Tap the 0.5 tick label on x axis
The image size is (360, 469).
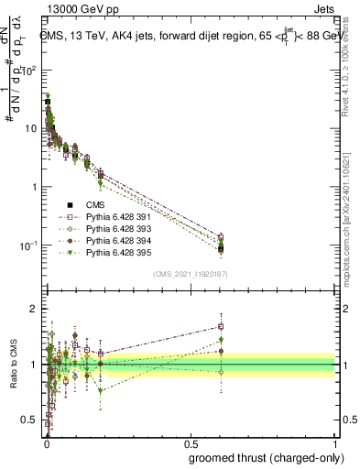coord(190,442)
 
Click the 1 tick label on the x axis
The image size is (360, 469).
coord(334,442)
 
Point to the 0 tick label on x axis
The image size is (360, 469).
coord(46,442)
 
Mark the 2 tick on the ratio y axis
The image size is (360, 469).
coord(34,309)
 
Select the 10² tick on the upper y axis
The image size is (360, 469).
coord(29,70)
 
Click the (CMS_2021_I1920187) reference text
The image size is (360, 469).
coord(190,274)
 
